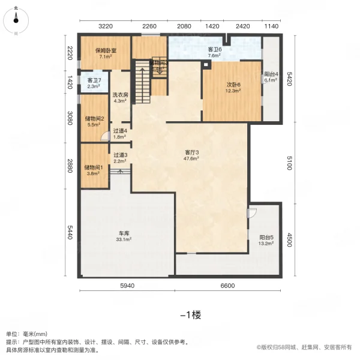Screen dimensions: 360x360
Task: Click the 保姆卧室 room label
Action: (105, 52)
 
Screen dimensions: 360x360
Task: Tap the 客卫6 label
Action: (215, 49)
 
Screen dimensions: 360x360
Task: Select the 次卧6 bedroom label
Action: (233, 85)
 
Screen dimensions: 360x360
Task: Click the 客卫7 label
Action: (94, 80)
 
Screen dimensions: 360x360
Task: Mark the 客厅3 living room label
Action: (191, 153)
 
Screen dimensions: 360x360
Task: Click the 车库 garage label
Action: (125, 235)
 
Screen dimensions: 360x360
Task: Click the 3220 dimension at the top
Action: (106, 26)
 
